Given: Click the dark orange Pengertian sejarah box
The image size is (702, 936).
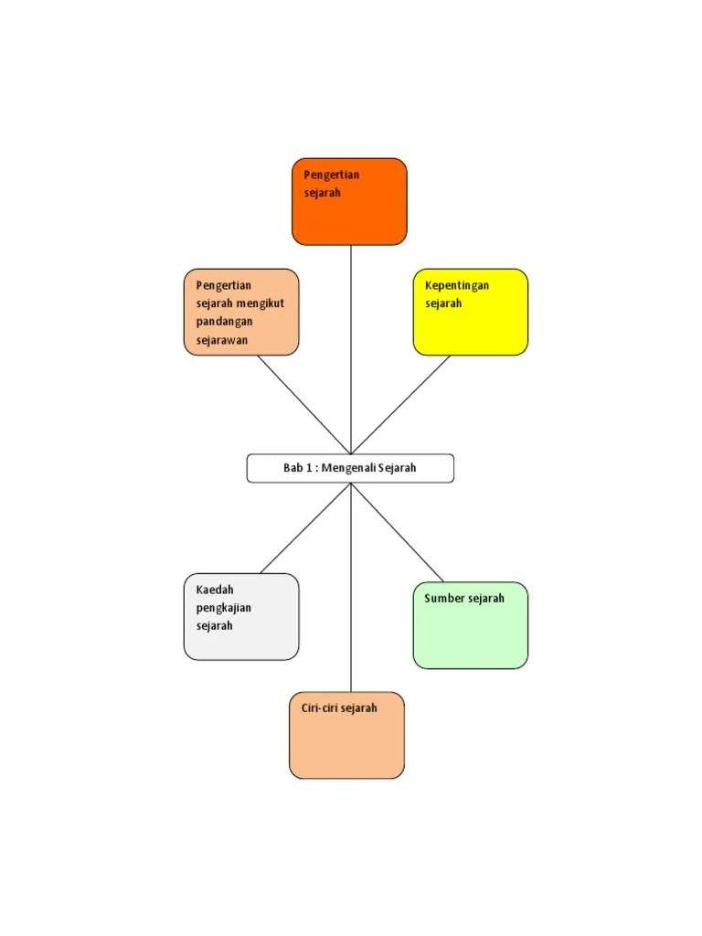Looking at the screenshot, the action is coord(349,202).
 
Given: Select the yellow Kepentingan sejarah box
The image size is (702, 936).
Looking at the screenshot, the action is coord(471,313).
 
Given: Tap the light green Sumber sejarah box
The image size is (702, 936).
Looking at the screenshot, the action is coord(471,625).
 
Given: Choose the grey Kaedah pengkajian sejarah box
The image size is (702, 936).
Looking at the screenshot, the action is coord(241,617).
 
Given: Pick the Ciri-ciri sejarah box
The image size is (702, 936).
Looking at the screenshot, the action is coord(346,736).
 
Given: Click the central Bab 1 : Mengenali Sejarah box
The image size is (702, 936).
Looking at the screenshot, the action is coord(350,468).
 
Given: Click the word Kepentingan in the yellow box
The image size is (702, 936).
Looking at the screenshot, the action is coord(457,286).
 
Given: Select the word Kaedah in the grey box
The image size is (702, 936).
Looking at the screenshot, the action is coord(215,590).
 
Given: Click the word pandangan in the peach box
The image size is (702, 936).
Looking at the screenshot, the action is coord(225,322).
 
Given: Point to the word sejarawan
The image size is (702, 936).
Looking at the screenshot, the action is coord(222,340).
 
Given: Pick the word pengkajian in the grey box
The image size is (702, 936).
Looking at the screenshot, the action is coord(224,608).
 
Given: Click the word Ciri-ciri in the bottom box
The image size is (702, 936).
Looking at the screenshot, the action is coord(319,708).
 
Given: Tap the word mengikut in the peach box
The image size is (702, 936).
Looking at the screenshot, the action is coord(260,303).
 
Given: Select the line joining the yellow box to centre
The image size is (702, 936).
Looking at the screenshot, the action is coord(400,405).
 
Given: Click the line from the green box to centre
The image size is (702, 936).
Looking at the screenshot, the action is coord(397,533).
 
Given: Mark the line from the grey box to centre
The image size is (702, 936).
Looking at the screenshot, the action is coord(305,528).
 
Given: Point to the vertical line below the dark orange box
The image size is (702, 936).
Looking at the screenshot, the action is coord(351,350).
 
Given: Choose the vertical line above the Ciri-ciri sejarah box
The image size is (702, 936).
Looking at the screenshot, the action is coord(351,588).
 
